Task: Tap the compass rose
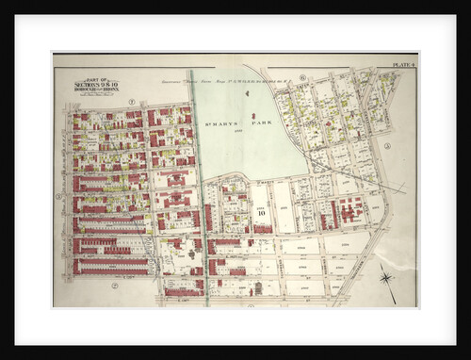[387, 277]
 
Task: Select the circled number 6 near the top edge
[301, 76]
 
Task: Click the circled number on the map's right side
[387, 146]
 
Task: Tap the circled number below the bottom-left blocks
[114, 285]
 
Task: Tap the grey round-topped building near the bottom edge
[257, 287]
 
